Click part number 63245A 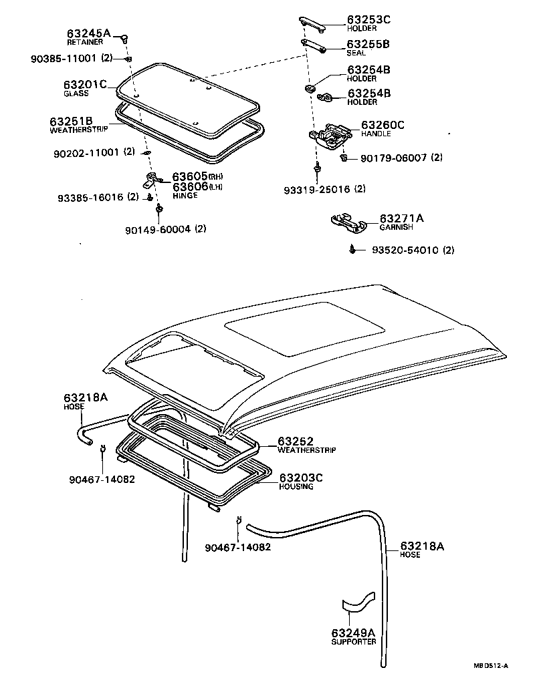(x=88, y=33)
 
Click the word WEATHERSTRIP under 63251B (x=75, y=130)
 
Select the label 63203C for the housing (x=301, y=478)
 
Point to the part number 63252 (x=296, y=442)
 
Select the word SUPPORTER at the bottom (x=354, y=642)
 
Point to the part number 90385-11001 (x=65, y=58)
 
